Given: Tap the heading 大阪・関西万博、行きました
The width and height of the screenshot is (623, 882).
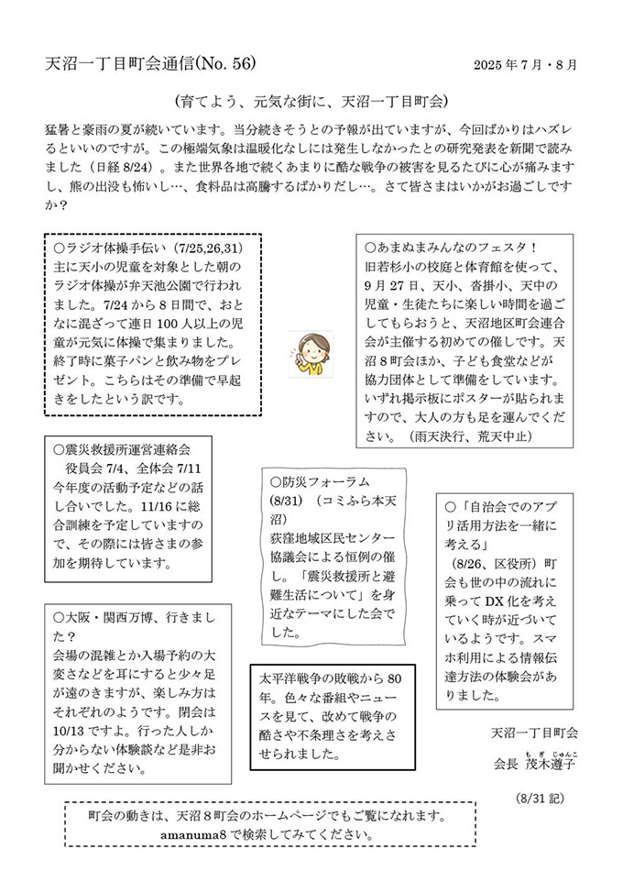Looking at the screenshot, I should [x=127, y=617].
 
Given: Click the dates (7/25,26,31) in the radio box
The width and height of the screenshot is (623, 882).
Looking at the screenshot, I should [x=210, y=248].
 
